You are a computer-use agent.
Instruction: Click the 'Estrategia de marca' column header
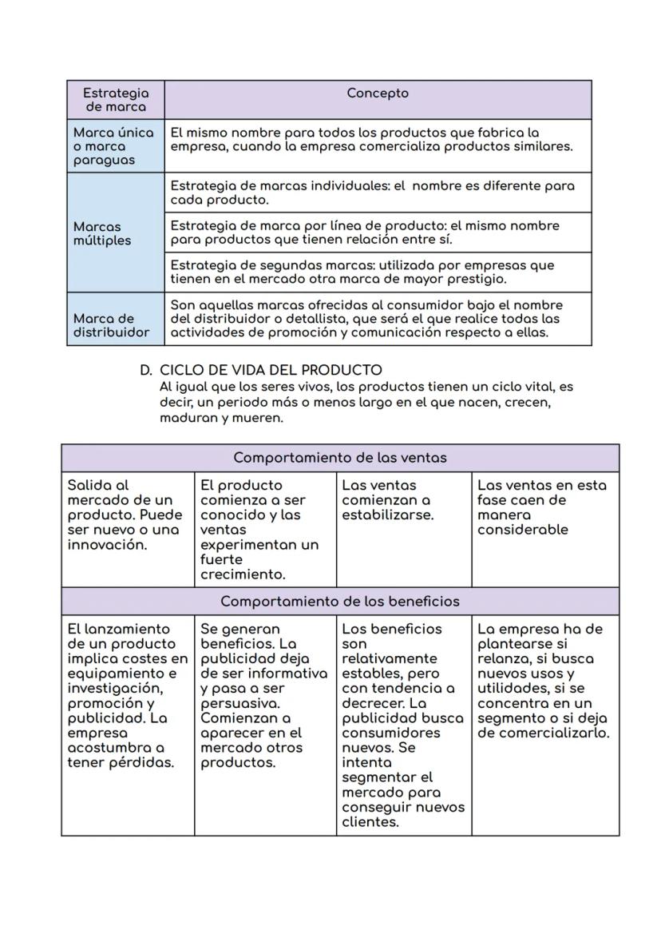coord(116,100)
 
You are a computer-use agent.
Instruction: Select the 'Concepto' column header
coord(378,93)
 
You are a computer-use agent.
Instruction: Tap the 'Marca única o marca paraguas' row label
coord(113,146)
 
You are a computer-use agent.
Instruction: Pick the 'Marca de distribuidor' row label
coord(112,325)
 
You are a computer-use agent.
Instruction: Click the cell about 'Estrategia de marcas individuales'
coord(372,193)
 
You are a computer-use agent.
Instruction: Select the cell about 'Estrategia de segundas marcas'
coord(362,272)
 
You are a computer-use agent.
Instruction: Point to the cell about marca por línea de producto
coord(365,233)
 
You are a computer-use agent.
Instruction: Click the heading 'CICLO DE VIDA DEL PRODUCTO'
coord(271,370)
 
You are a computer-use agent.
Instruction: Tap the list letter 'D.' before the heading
coord(146,370)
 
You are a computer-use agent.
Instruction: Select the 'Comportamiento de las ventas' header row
coord(340,458)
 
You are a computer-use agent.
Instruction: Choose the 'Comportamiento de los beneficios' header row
coord(340,601)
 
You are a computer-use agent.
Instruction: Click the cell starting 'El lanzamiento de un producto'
coord(127,695)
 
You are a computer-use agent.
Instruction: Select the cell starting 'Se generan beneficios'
coord(263,695)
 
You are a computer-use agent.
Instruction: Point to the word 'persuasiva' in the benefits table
coord(239,703)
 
